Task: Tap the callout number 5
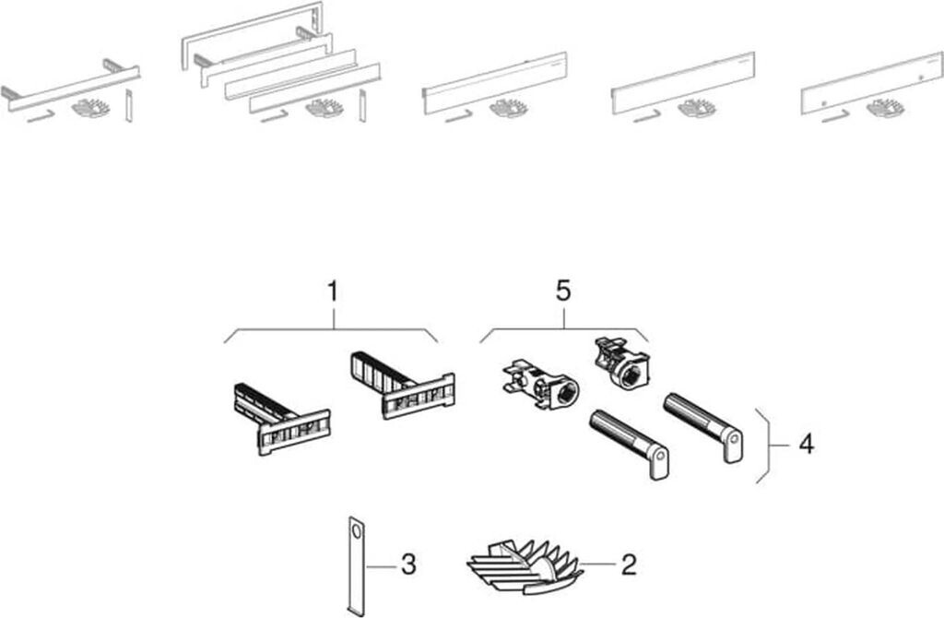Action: [x=563, y=291]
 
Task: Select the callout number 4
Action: [x=806, y=445]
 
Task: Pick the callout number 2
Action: [x=628, y=563]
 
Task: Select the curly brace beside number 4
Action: [x=763, y=445]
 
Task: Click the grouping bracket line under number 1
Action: [x=332, y=329]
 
